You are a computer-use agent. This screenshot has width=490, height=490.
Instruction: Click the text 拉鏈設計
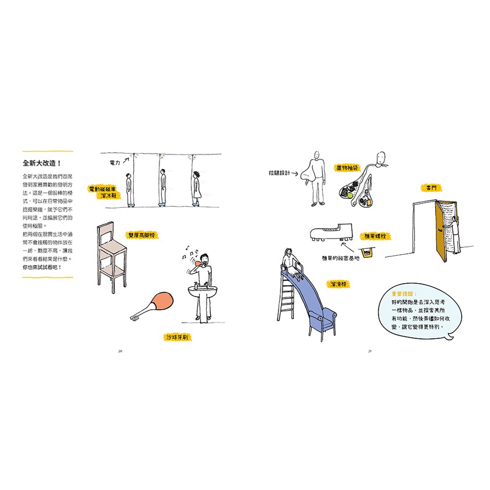280,173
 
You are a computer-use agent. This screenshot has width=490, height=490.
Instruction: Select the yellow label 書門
431,187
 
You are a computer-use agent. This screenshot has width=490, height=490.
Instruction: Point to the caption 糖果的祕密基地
341,258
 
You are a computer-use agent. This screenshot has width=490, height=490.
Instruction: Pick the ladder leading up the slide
287,294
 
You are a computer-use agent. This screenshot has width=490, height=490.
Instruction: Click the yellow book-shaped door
440,230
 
